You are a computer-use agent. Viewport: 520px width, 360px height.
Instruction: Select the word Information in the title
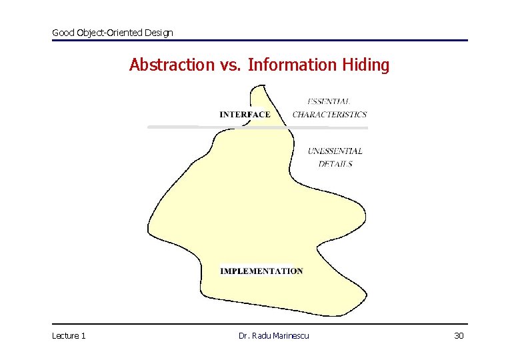[293, 65]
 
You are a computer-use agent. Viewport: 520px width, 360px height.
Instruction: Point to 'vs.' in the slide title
[227, 65]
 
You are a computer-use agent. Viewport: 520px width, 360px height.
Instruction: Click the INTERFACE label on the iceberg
[245, 114]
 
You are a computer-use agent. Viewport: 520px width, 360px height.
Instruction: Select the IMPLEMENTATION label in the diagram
[261, 271]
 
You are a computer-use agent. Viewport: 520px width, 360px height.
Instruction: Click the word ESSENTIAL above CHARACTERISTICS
[329, 101]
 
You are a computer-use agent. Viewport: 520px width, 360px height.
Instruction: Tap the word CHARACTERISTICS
[329, 114]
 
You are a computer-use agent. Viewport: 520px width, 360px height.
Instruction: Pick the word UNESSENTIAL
[335, 151]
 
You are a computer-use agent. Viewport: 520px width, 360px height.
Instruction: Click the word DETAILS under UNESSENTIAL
[335, 164]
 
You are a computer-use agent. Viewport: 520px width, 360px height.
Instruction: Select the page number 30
[459, 335]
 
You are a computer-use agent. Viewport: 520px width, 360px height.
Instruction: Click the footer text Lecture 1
[69, 335]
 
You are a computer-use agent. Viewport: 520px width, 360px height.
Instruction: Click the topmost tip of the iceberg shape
[261, 86]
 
